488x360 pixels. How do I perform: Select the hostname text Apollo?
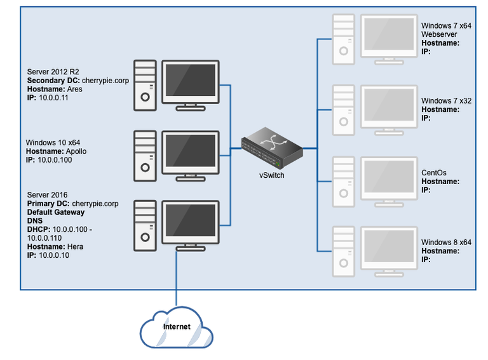pos(76,152)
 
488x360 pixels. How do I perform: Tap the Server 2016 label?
pos(47,195)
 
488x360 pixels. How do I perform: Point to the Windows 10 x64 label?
pos(53,143)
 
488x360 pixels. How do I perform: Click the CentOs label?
pos(434,173)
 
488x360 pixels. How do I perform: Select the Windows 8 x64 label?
pos(447,242)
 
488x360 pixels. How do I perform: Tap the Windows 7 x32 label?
pos(447,101)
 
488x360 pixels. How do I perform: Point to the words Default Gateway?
pos(57,213)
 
